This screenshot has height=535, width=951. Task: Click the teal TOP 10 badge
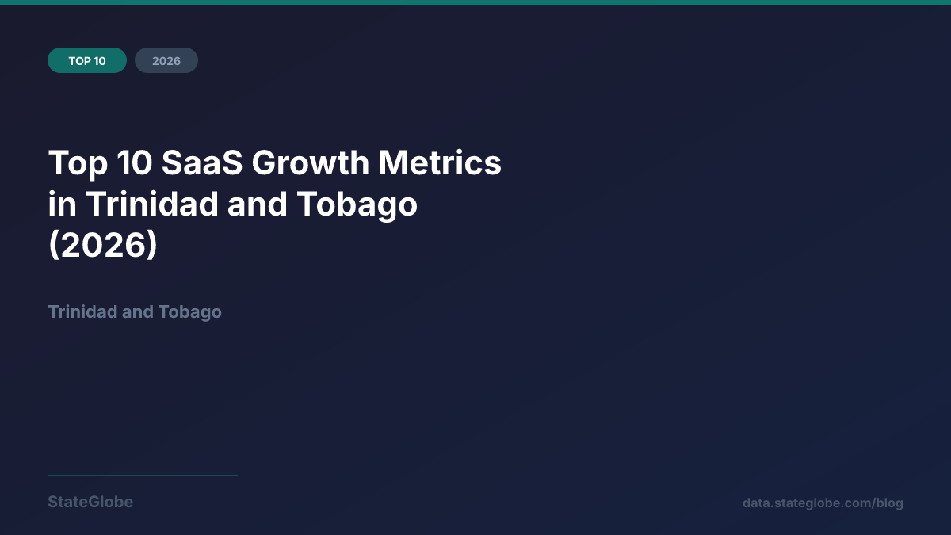87,60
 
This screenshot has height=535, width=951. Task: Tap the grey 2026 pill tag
166,60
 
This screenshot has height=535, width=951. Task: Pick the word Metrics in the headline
440,163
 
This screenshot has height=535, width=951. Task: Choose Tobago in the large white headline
357,204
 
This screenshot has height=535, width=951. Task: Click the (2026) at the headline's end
103,246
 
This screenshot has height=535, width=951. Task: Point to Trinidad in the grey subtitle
82,311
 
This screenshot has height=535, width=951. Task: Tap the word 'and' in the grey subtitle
137,311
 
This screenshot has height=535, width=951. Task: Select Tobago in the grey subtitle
189,311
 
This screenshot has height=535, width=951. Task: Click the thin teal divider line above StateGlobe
143,476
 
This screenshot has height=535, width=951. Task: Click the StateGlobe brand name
90,502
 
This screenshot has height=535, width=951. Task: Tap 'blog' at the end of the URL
890,503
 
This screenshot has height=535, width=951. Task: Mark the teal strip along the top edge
475,2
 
